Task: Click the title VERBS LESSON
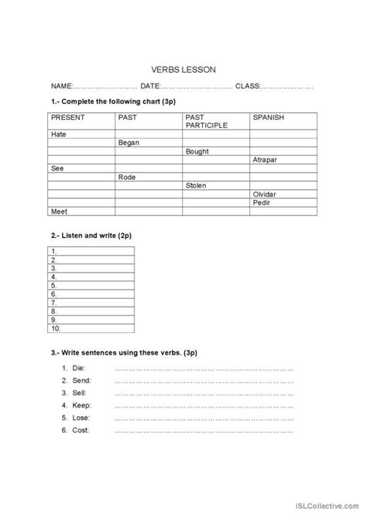pos(183,67)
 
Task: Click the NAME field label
pos(62,86)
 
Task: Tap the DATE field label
pos(152,86)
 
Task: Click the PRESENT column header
pos(67,117)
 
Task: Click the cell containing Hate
pos(59,134)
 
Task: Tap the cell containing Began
pos(129,143)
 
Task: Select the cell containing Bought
pos(197,151)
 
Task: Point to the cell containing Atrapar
pos(266,160)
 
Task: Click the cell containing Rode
pos(127,177)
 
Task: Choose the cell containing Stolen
pos(197,185)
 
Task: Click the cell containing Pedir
pos(261,202)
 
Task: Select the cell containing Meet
pos(59,211)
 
